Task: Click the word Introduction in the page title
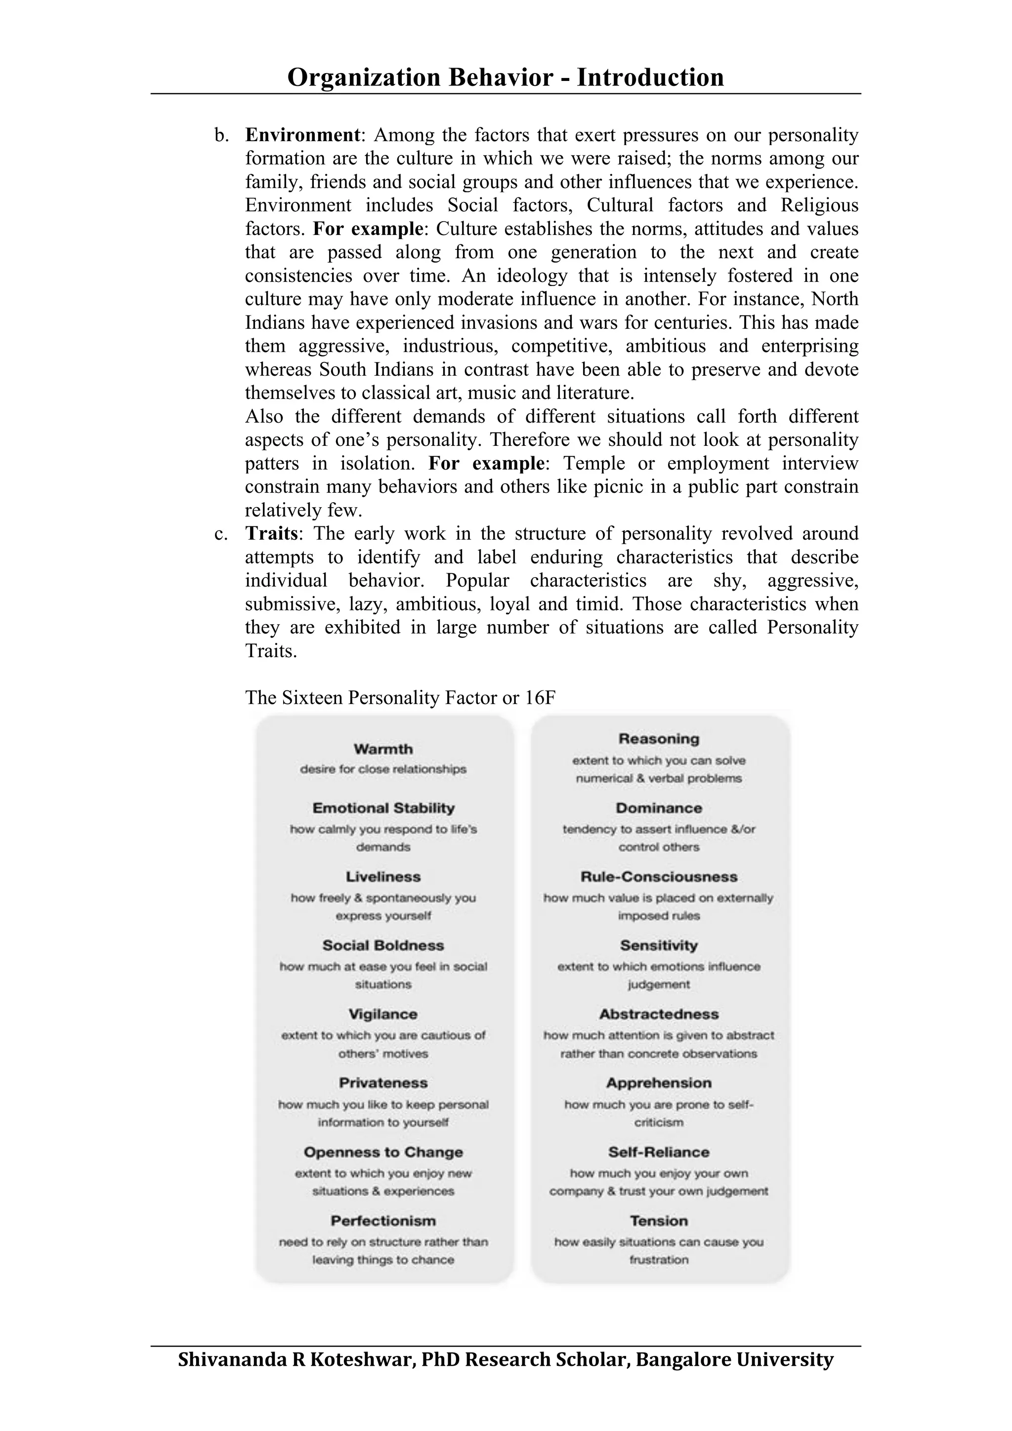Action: coord(650,78)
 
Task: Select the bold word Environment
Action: coord(302,135)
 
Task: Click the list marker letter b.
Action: coord(220,135)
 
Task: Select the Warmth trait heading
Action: coord(383,749)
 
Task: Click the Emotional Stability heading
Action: coord(383,808)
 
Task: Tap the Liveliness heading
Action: coord(383,877)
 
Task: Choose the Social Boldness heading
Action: coord(383,946)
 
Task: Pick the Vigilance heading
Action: coord(383,1014)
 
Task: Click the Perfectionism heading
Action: coord(383,1221)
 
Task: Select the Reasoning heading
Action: coord(659,739)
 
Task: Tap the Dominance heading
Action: coord(659,808)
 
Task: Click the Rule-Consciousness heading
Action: coord(659,877)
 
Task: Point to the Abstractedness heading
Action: coord(659,1014)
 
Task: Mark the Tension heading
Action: coord(659,1221)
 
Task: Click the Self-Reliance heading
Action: coord(659,1153)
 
